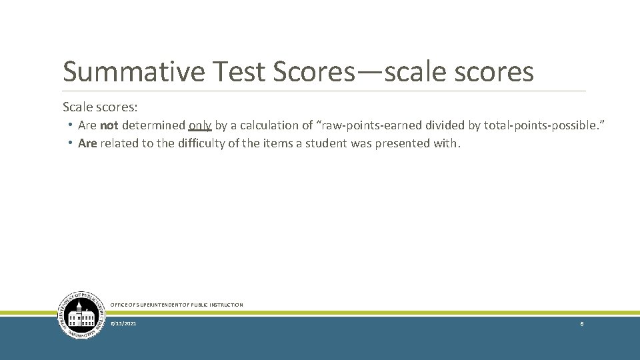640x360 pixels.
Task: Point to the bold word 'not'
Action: coord(109,125)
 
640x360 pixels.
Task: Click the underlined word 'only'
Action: coord(200,125)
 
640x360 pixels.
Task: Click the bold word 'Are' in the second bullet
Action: coord(87,143)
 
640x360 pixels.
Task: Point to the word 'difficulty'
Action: coord(202,143)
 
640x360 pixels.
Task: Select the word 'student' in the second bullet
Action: coord(326,143)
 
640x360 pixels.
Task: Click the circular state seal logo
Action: coord(82,315)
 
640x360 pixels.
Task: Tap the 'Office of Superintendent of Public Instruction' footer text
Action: coord(177,305)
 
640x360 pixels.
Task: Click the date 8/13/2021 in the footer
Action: coord(124,323)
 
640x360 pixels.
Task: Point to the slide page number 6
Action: coord(582,323)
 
